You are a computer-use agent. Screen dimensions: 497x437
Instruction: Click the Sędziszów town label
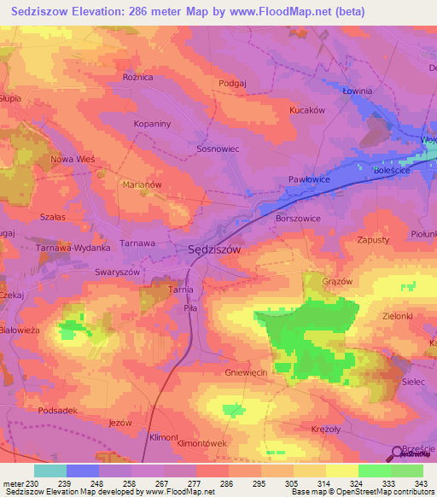click(214, 250)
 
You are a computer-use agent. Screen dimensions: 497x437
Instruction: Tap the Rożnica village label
click(137, 77)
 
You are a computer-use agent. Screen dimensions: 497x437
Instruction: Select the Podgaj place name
click(232, 82)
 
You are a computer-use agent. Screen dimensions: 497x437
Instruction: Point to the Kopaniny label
click(154, 124)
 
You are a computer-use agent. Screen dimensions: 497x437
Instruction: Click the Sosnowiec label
click(218, 149)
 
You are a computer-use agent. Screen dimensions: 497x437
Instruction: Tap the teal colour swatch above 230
click(50, 471)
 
